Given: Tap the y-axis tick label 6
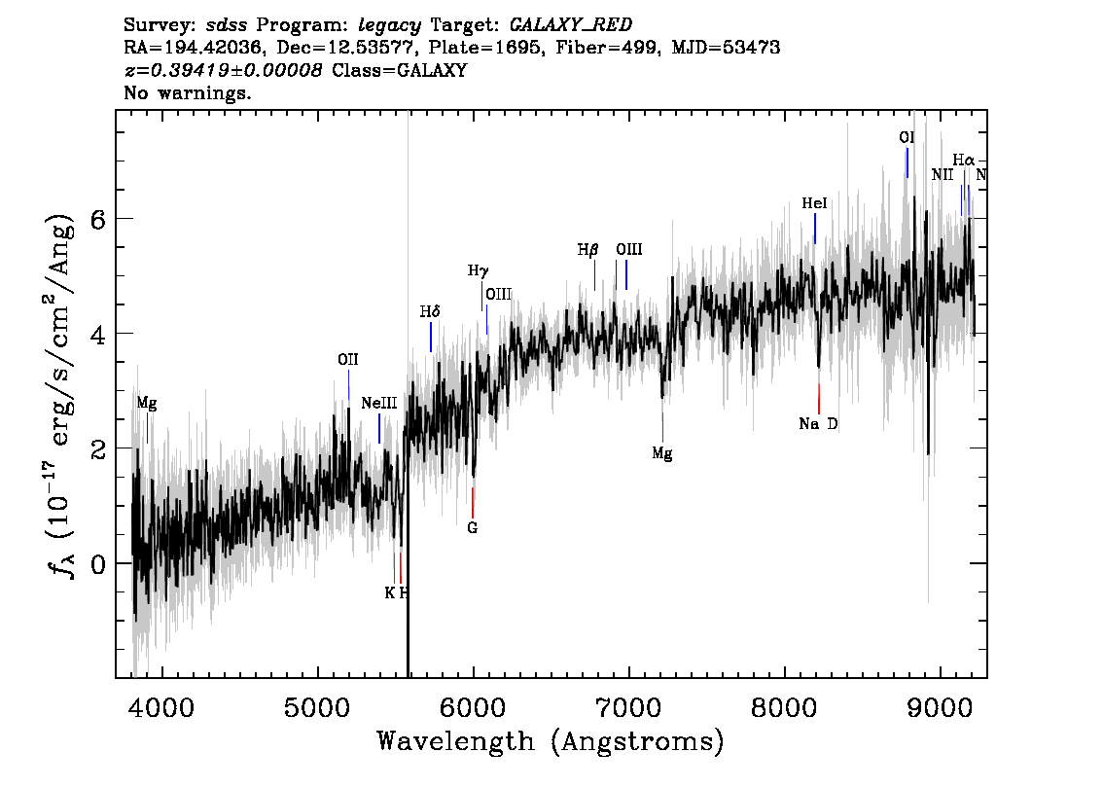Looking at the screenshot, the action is [98, 219].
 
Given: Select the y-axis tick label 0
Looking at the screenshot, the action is [98, 563].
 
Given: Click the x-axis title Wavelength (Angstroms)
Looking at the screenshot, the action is [551, 741].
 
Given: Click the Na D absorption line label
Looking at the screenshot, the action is [818, 423].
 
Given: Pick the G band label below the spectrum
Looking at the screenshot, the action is [472, 527].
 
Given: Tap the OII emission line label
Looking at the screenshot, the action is [347, 360].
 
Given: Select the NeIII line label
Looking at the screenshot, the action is [379, 403].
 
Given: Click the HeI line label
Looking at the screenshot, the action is [814, 203].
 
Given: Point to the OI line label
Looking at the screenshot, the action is [907, 137].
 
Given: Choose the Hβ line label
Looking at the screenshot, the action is [588, 250].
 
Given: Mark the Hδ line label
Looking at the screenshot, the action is [430, 311].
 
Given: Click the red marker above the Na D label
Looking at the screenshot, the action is [819, 399].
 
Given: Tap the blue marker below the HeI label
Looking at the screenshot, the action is [814, 229].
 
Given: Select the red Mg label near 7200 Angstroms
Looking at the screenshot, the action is [662, 453].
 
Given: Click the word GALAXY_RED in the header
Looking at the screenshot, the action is [571, 24].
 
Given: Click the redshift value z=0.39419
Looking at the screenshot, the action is [184, 70].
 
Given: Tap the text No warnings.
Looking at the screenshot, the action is [188, 92].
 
